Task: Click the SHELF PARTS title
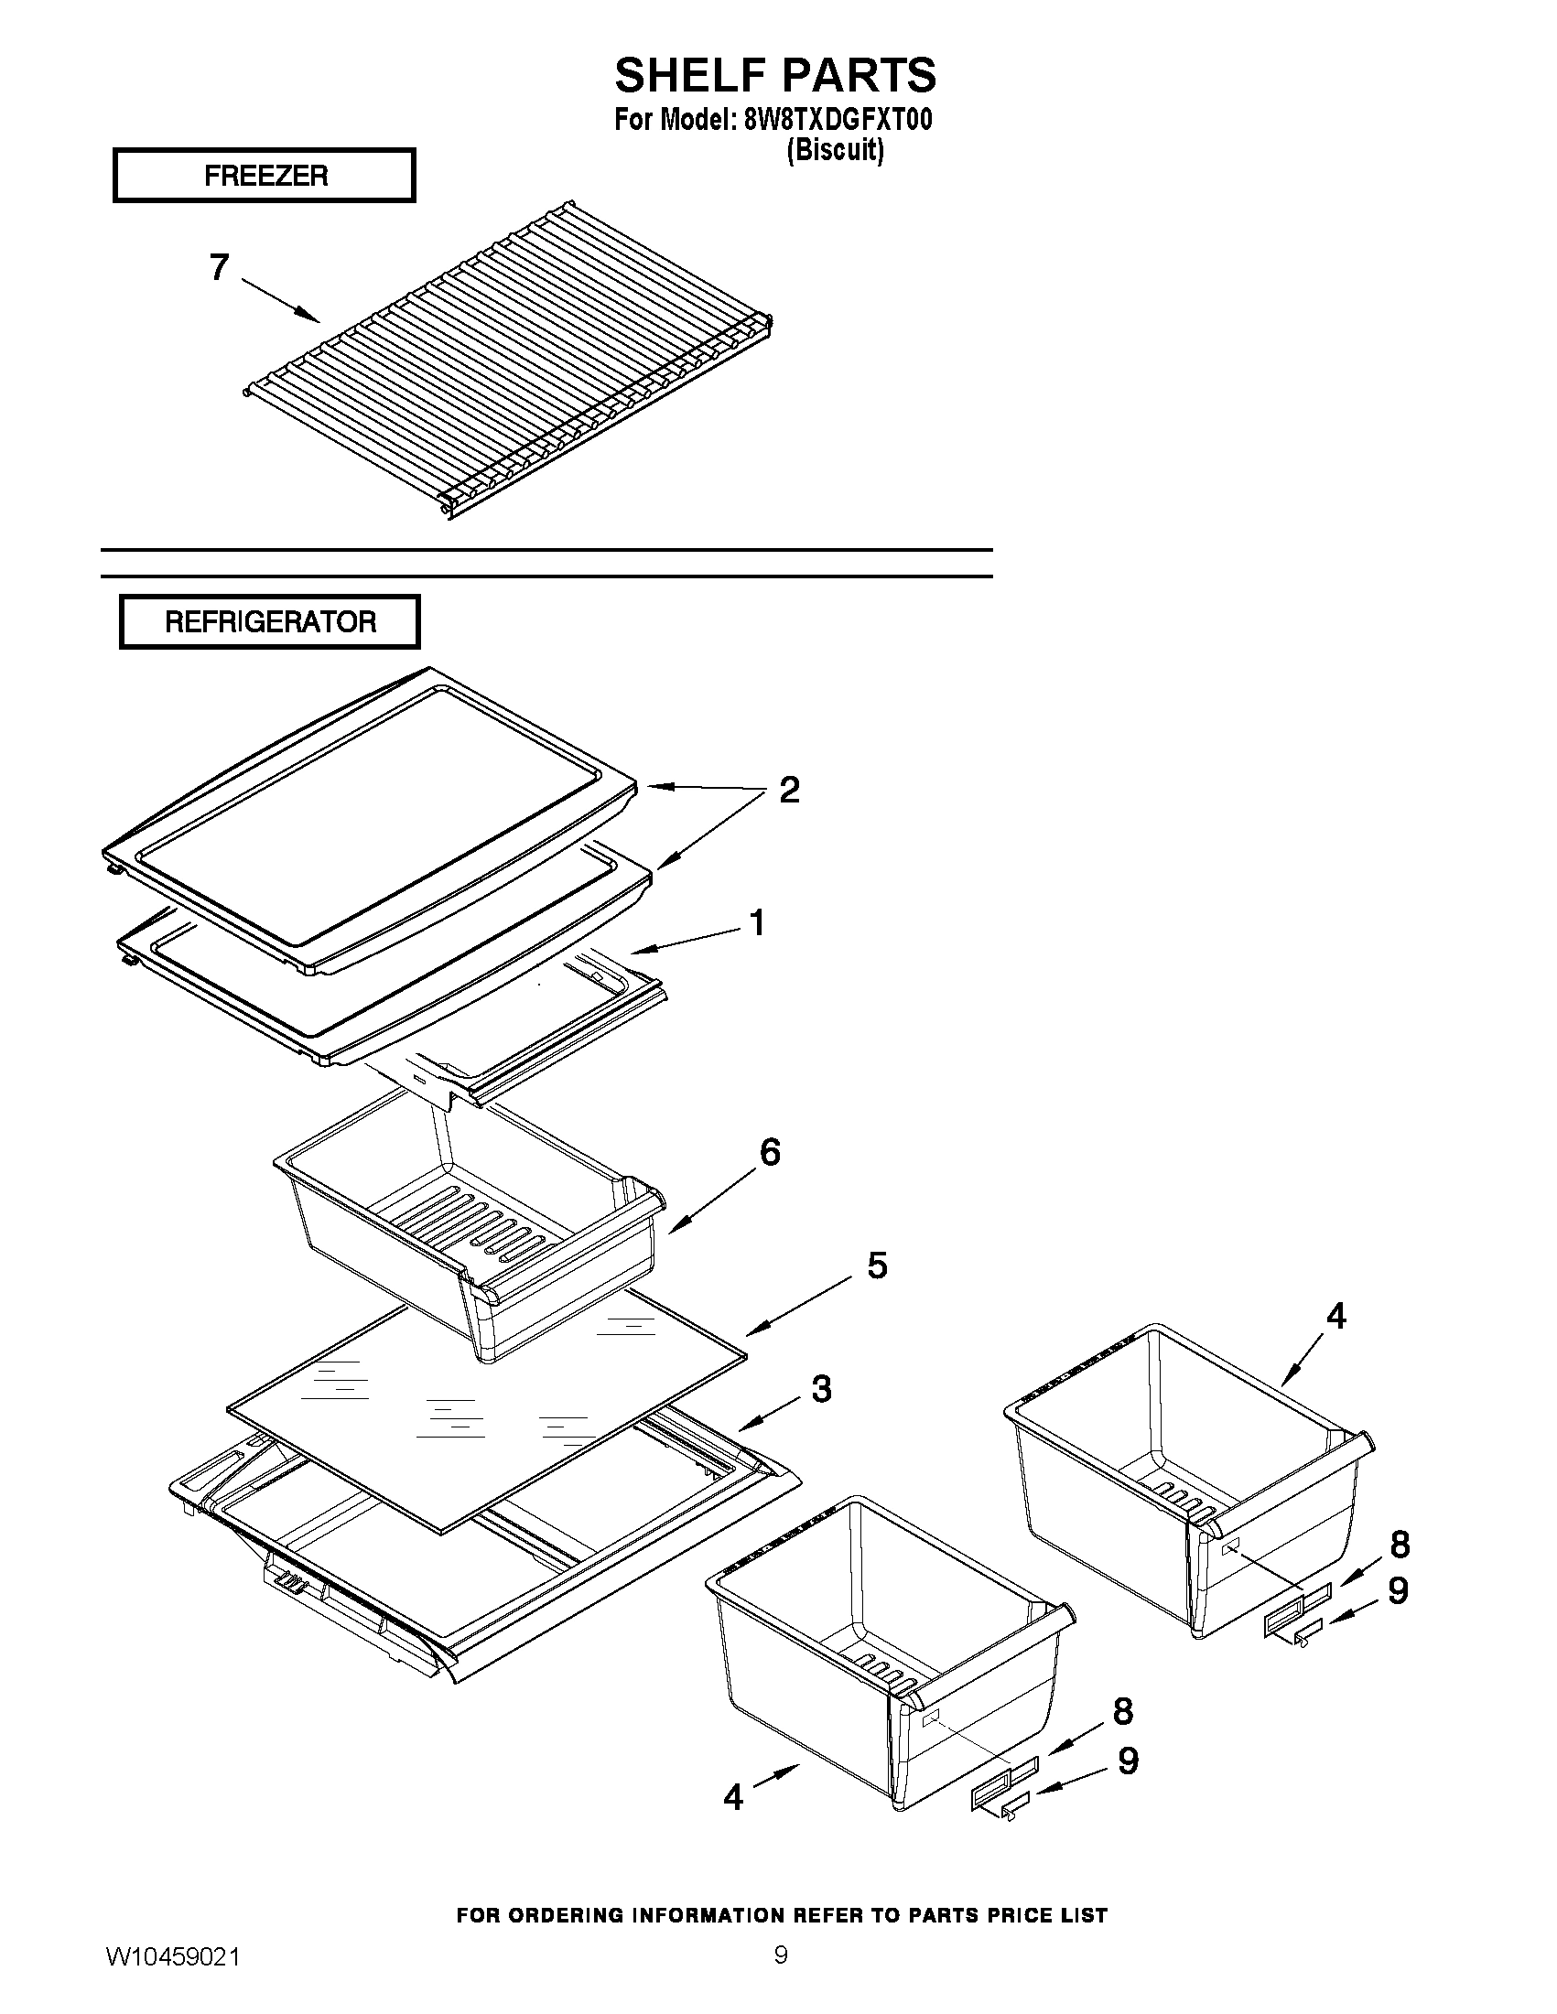(774, 75)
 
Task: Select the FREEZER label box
(265, 175)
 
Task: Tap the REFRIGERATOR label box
(269, 621)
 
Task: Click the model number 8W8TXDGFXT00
(837, 120)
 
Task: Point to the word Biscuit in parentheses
(835, 149)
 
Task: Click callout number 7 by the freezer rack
(219, 267)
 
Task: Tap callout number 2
(789, 791)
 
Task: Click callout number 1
(756, 922)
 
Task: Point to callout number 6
(769, 1152)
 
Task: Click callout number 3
(821, 1389)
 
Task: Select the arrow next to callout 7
(281, 301)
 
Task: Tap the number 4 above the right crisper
(1335, 1316)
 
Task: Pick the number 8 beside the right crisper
(1400, 1544)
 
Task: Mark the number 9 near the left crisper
(1127, 1761)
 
